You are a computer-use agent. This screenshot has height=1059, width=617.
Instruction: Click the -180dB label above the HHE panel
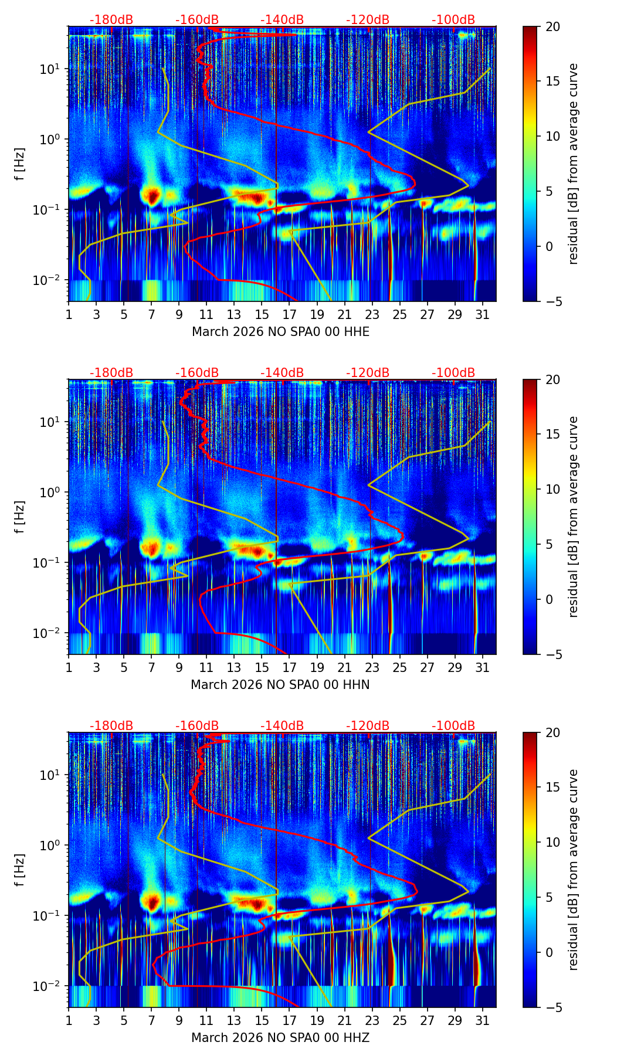[111, 20]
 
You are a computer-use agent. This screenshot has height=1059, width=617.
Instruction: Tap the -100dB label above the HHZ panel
[453, 726]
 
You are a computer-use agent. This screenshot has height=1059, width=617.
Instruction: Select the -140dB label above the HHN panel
[282, 373]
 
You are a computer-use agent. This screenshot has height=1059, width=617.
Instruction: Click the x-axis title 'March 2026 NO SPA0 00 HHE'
[280, 332]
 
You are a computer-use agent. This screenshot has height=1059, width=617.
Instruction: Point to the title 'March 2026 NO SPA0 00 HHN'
[280, 685]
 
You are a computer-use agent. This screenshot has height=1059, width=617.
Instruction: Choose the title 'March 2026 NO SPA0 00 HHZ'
[280, 1038]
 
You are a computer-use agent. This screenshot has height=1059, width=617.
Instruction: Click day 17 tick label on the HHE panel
[289, 314]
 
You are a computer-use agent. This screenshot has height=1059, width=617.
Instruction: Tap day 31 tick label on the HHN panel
[482, 667]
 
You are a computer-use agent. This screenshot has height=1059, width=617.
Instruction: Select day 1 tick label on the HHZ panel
[69, 1020]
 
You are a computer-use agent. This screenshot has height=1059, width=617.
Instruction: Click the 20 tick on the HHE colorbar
[552, 26]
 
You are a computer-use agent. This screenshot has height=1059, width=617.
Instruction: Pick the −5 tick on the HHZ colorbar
[552, 1007]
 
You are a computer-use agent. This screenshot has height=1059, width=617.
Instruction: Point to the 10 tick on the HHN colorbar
[552, 489]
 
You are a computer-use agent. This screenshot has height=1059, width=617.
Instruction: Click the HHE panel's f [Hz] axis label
[20, 164]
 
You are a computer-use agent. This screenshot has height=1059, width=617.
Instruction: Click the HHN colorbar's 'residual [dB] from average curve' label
[574, 517]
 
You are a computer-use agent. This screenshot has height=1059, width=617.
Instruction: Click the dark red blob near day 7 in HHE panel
[152, 196]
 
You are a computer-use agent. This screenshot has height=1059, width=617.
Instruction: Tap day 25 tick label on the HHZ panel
[399, 1020]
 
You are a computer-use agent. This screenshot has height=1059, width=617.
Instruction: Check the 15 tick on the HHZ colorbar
[552, 787]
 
